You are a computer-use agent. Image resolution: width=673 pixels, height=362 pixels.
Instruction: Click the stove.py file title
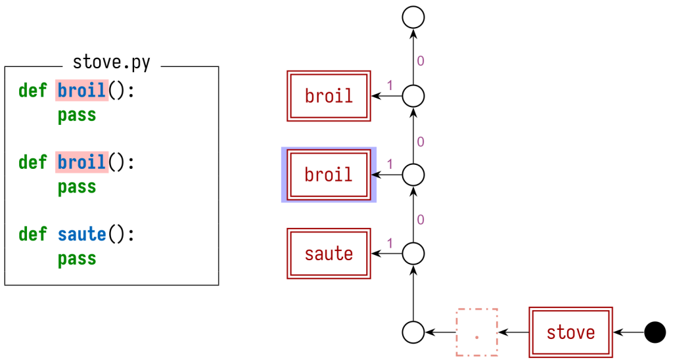tap(111, 63)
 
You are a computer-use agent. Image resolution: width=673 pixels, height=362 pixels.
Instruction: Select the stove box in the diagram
tap(570, 332)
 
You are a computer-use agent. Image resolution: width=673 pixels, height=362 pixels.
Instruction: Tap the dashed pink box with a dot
tap(476, 332)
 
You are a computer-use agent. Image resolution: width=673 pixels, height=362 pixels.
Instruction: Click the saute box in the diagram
tap(329, 254)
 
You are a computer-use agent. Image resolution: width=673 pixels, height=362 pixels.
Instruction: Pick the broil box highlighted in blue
tap(329, 175)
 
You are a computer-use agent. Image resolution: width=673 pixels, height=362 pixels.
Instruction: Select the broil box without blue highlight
tap(329, 96)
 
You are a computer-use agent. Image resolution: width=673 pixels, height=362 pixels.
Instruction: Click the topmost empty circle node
tap(413, 17)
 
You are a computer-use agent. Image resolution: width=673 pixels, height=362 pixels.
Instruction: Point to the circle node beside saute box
tap(413, 254)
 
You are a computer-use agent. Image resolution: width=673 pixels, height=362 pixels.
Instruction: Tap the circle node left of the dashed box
tap(413, 332)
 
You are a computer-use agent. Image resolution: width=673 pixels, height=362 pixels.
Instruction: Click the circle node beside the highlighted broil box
tap(413, 175)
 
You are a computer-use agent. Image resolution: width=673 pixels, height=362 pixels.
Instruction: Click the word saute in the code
tap(81, 234)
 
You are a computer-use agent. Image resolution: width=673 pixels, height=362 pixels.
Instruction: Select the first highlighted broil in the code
tap(81, 90)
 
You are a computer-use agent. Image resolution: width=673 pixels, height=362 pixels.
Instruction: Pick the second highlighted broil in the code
tap(81, 162)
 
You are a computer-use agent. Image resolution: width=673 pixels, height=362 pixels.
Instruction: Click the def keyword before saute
tap(32, 234)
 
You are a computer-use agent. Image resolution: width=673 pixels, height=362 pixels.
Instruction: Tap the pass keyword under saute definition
tap(76, 259)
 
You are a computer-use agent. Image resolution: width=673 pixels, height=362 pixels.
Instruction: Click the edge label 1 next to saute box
tap(390, 243)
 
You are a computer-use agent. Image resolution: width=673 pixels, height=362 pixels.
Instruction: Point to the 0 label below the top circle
tap(421, 61)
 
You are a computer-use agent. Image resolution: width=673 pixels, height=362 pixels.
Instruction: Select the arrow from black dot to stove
tap(628, 332)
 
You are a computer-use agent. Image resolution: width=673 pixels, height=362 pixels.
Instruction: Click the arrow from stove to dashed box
tap(513, 332)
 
